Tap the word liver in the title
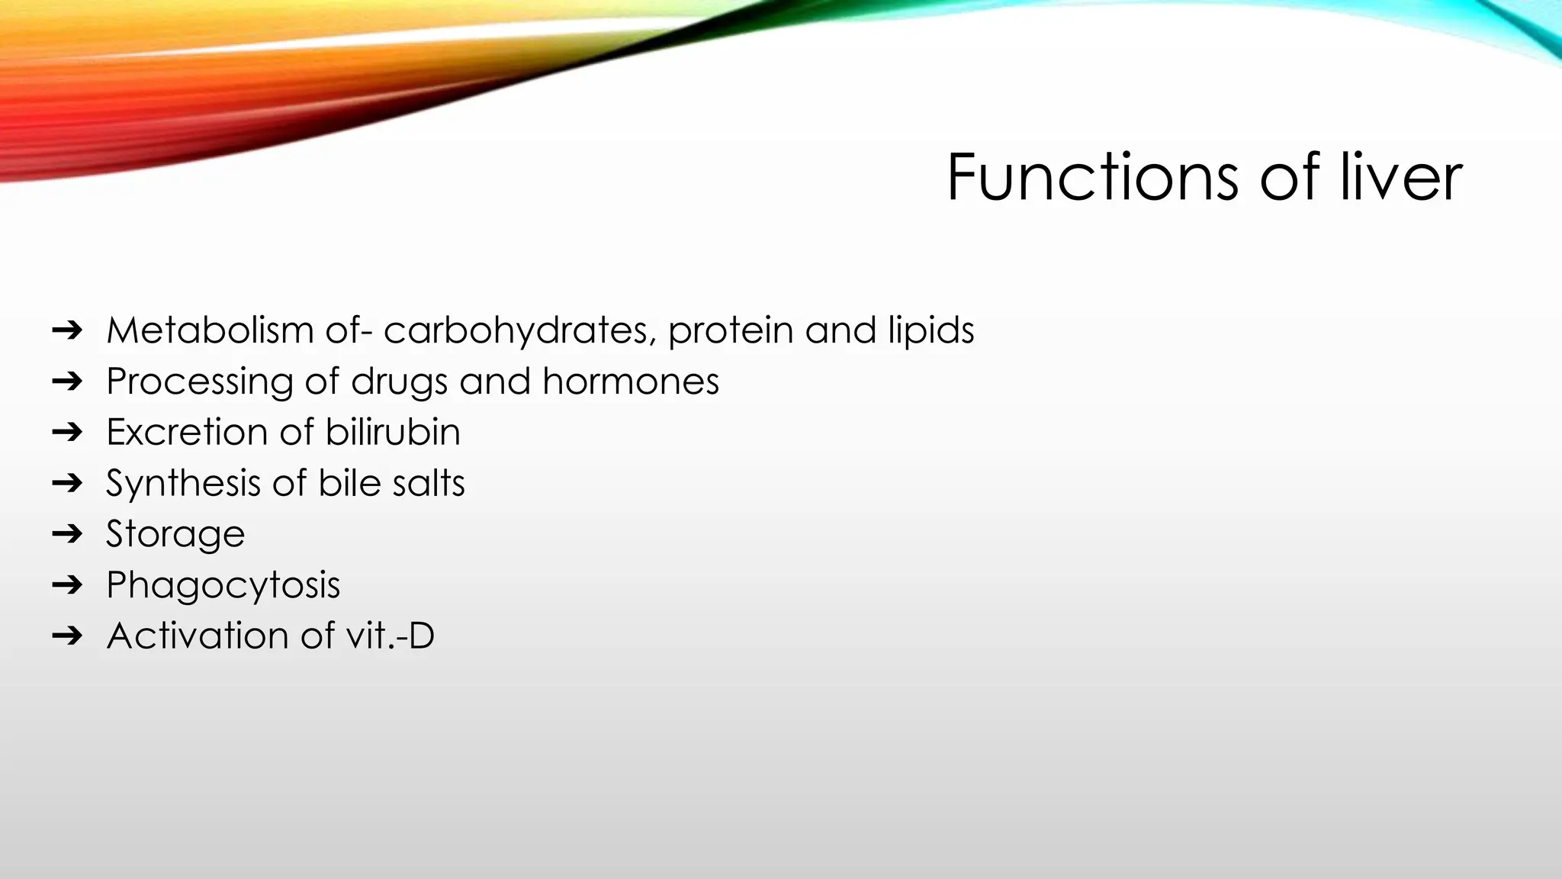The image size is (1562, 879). coord(1401,177)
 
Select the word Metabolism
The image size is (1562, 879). coord(210,330)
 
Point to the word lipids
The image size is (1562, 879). coord(930,330)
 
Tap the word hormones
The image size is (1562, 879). coord(631,381)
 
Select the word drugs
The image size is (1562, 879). coord(399,382)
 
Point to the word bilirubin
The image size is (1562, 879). coord(393,432)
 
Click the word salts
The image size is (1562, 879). coord(428,483)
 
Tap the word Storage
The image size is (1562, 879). coord(175,534)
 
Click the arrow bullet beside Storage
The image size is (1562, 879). coord(67,533)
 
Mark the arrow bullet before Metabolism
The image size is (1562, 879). coord(67,330)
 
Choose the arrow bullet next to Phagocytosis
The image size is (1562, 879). coord(67,584)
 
